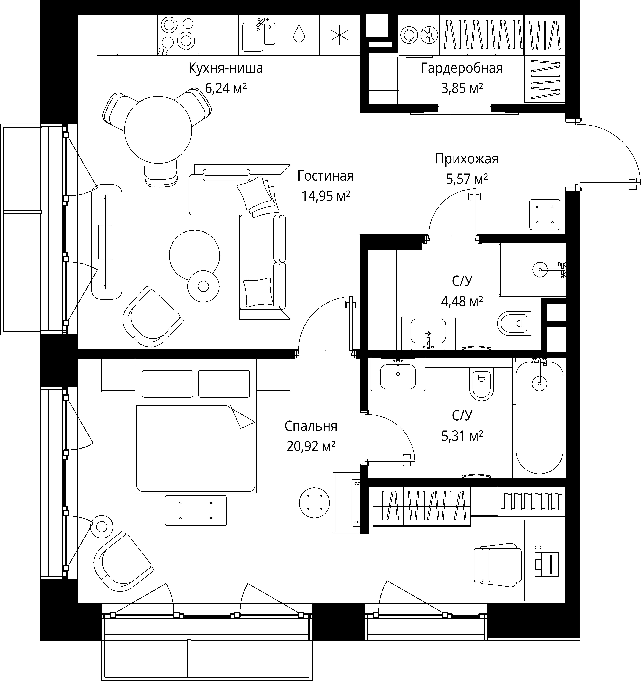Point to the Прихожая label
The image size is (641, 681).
point(467,159)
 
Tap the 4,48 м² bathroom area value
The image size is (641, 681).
point(462,301)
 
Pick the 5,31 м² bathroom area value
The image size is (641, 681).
point(462,436)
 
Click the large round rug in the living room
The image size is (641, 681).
point(194,255)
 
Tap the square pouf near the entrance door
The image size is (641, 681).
point(545,215)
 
